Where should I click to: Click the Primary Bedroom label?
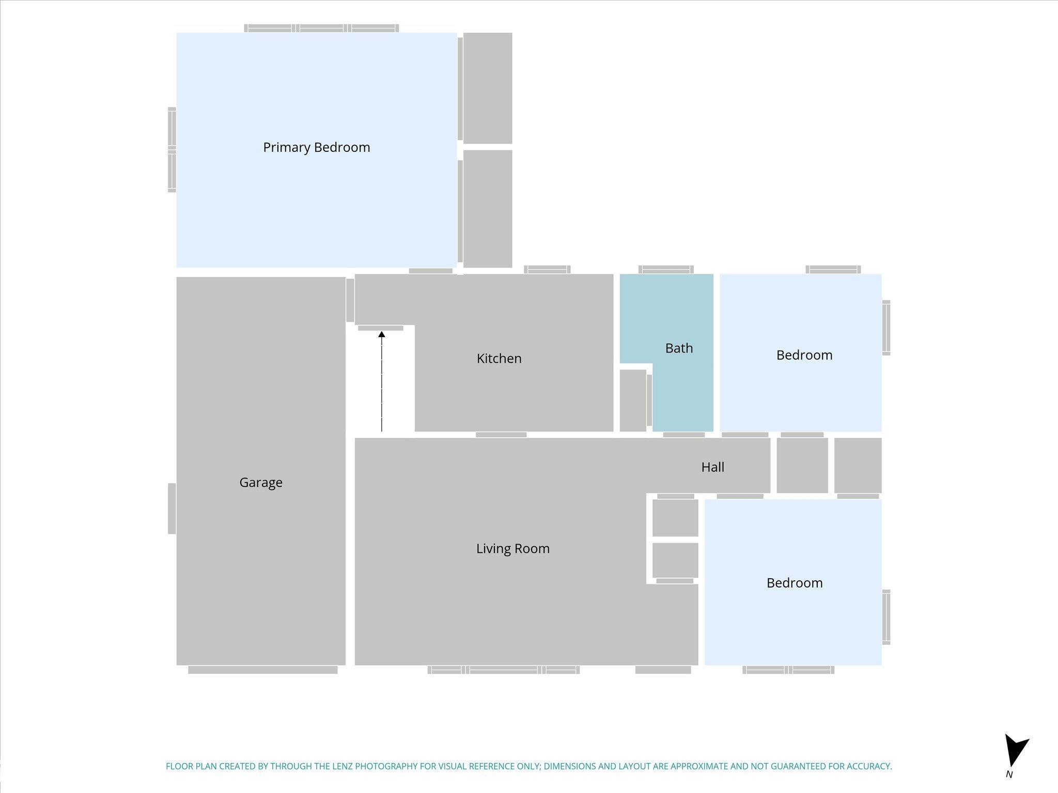click(x=316, y=148)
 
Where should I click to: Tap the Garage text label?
click(x=261, y=483)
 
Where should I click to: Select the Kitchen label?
click(x=499, y=358)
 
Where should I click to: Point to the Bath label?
click(x=679, y=348)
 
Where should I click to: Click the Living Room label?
click(x=513, y=548)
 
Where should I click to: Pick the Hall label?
click(x=712, y=467)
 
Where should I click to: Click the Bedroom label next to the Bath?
click(x=804, y=355)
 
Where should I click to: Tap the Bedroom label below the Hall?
click(x=795, y=583)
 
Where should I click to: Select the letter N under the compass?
click(x=1009, y=774)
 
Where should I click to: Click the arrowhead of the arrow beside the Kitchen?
click(x=382, y=335)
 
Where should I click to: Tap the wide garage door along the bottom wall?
click(x=263, y=670)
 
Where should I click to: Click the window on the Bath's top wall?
click(x=666, y=269)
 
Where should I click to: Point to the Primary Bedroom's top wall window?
click(x=321, y=28)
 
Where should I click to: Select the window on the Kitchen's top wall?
click(x=547, y=269)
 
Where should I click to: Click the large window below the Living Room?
click(x=504, y=670)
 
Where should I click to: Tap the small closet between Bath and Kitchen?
click(x=633, y=400)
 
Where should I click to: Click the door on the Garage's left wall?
click(x=172, y=509)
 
